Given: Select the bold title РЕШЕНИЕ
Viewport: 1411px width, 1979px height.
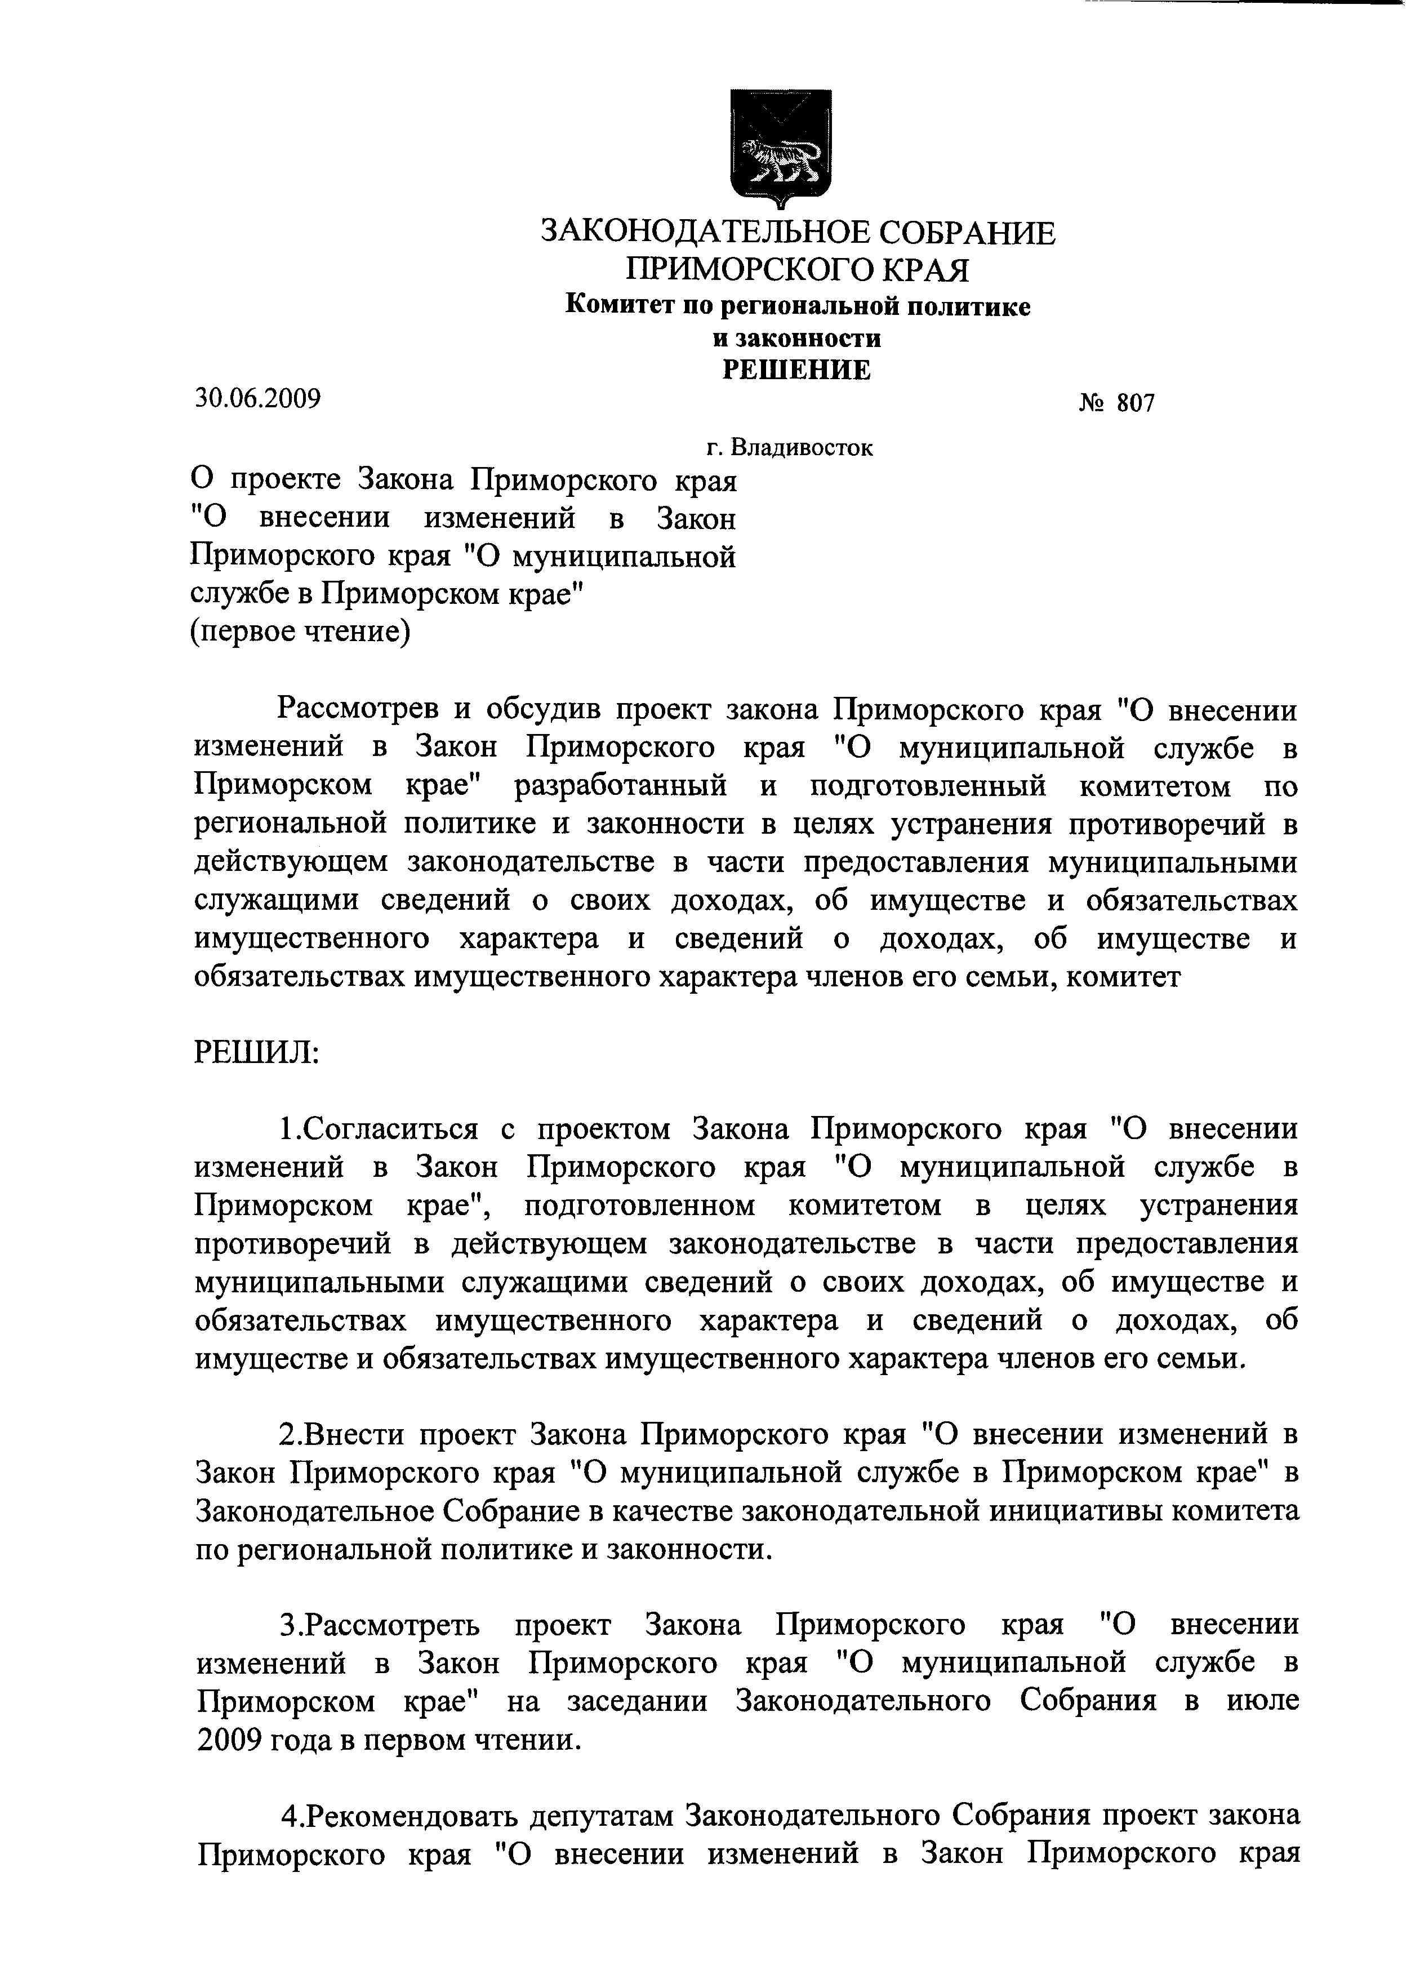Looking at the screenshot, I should tap(796, 370).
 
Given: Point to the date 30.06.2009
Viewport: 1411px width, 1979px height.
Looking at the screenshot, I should tap(257, 399).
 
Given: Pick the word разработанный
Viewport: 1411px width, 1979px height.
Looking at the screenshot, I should tap(620, 786).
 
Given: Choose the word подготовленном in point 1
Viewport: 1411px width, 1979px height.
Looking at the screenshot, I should tap(639, 1206).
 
